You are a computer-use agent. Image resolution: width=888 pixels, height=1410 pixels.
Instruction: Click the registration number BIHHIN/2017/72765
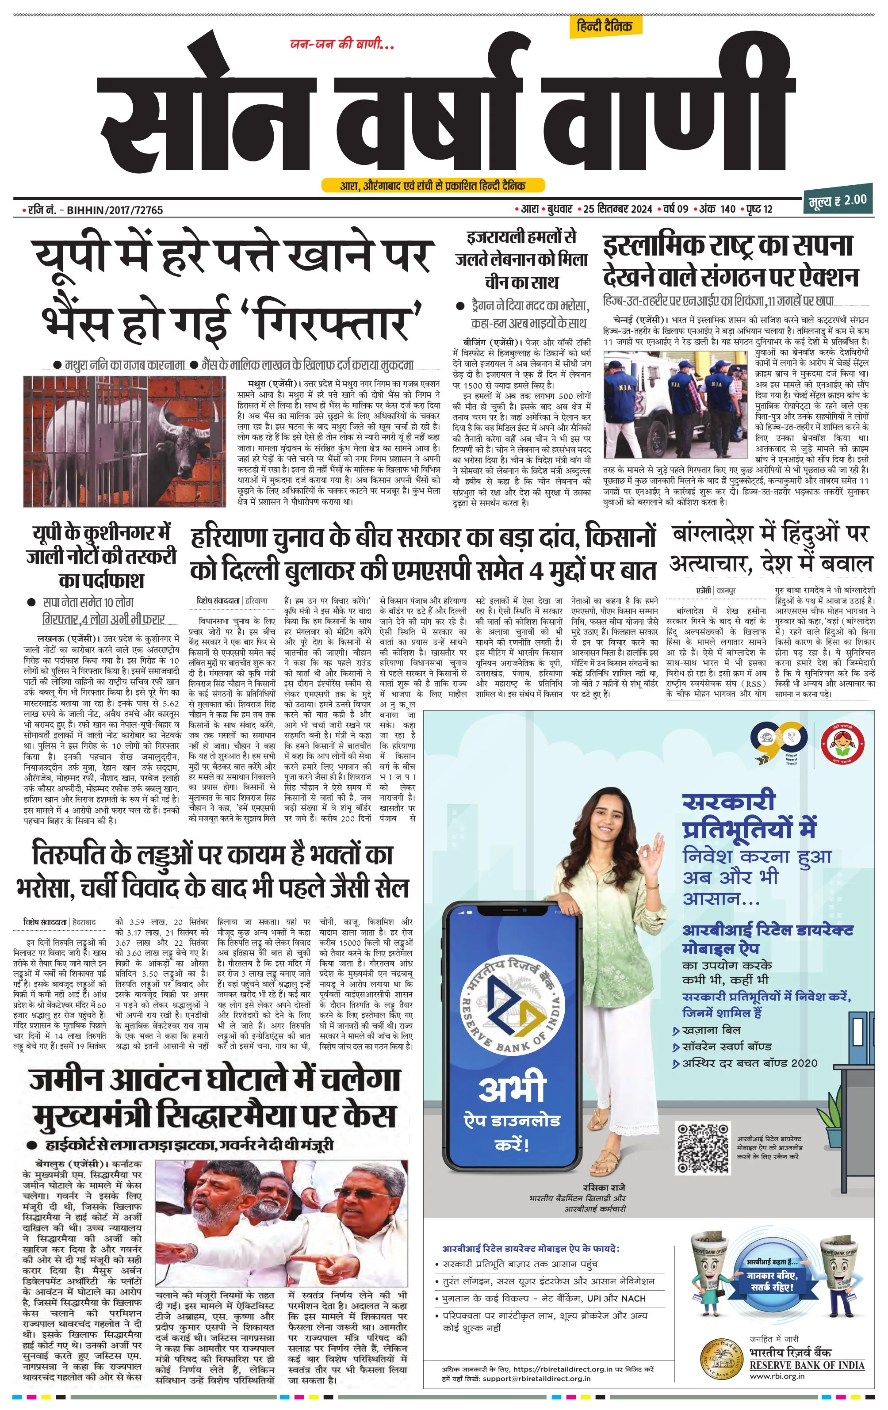coord(115,210)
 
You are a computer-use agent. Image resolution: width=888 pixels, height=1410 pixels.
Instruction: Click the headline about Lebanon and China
coord(521,260)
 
